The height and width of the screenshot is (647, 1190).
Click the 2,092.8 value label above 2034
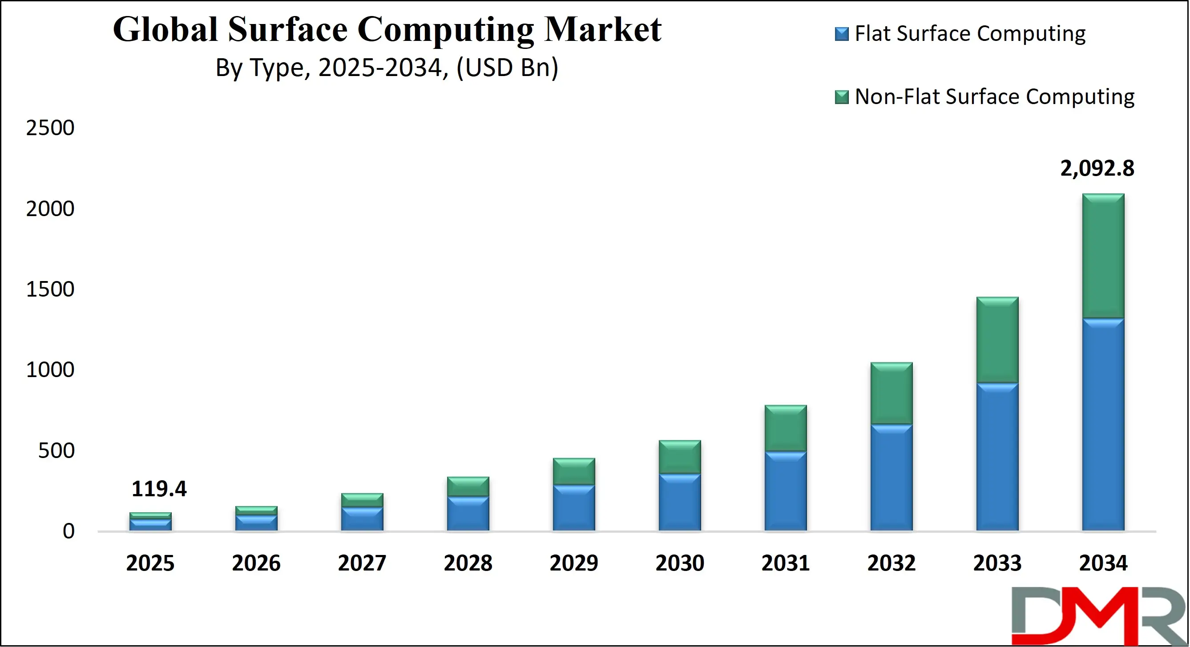[1097, 168]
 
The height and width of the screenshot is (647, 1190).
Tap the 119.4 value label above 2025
[159, 489]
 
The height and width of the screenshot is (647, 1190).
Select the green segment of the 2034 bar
[1103, 256]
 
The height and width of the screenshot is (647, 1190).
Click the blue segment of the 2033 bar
[997, 457]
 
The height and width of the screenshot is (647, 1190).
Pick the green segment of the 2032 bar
[891, 394]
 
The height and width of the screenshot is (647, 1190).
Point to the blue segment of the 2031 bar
[785, 491]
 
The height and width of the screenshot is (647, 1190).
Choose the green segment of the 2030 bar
[680, 457]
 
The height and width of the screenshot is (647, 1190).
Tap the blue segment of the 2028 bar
[468, 514]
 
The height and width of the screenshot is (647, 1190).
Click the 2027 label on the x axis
[362, 563]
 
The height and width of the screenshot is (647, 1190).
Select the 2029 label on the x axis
[574, 563]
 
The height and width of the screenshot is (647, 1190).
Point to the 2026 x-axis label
[256, 563]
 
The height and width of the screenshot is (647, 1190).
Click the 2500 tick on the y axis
[50, 128]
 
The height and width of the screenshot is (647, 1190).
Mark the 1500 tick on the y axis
[50, 289]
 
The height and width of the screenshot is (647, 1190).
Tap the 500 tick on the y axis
[56, 451]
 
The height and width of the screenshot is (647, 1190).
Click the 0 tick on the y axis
[69, 531]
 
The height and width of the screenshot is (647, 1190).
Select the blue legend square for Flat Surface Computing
[841, 34]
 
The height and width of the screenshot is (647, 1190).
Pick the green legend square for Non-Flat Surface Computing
[841, 97]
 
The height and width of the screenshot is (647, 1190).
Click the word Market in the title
[602, 29]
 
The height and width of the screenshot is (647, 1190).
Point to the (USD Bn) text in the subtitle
[507, 68]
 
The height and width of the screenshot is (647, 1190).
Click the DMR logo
[1099, 615]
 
